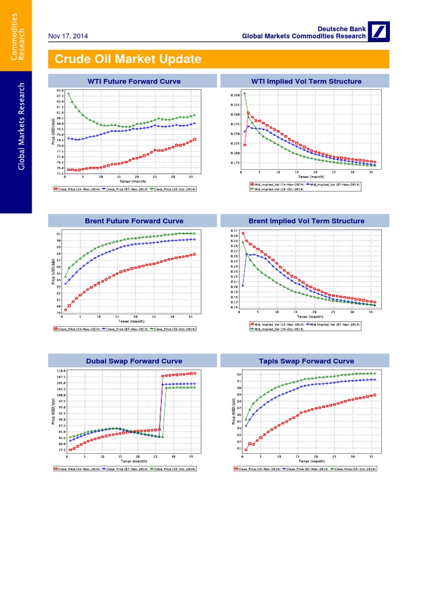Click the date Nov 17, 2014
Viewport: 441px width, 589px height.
click(x=68, y=36)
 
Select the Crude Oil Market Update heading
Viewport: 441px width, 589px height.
click(x=128, y=59)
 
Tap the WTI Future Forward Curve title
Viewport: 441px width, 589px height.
click(x=134, y=81)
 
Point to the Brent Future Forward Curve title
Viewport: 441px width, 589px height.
click(x=134, y=221)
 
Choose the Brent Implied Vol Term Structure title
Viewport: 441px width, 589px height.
click(x=306, y=221)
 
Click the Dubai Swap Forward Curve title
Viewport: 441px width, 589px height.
click(x=134, y=361)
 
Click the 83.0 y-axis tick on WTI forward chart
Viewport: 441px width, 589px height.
click(x=60, y=90)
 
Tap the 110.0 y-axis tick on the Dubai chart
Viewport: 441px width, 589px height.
click(x=60, y=371)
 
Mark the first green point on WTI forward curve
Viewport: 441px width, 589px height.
click(x=68, y=93)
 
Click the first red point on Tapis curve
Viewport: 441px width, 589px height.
click(x=246, y=450)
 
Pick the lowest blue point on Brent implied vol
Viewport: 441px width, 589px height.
click(x=243, y=285)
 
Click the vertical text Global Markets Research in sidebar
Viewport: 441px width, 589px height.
click(x=22, y=127)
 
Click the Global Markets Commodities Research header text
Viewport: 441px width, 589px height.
click(x=303, y=36)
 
